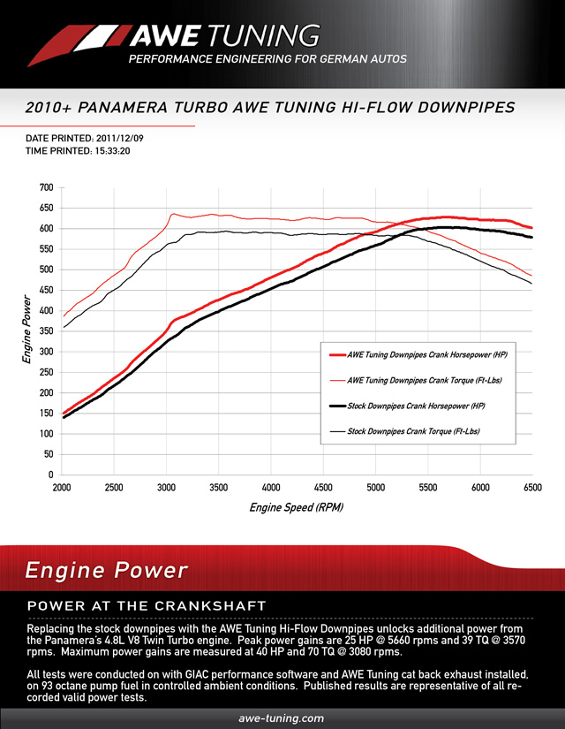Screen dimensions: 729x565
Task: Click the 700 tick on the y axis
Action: coord(46,188)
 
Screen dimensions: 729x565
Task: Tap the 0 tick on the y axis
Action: coord(50,475)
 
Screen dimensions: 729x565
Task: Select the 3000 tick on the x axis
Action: coord(167,488)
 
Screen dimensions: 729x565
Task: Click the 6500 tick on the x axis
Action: coord(532,488)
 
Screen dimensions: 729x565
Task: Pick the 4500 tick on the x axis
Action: coord(324,488)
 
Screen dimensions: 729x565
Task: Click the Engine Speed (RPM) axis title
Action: coord(296,508)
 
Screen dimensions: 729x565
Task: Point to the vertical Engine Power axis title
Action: coord(26,331)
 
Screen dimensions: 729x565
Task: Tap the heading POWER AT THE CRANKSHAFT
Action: coord(147,606)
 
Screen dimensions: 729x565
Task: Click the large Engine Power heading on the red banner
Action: coord(106,571)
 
